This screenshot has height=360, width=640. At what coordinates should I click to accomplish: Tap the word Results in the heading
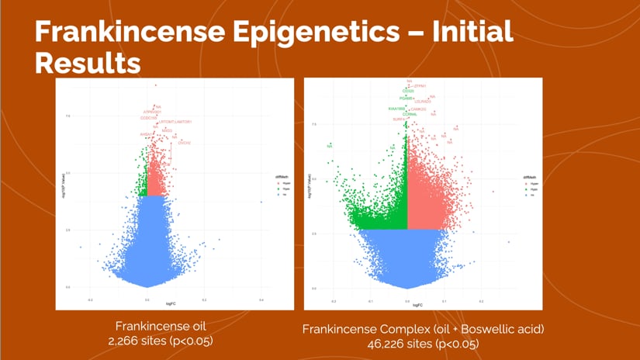[88, 62]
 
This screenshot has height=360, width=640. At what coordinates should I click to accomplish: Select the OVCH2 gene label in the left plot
[184, 143]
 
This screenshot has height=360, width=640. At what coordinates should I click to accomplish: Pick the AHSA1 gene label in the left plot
[146, 134]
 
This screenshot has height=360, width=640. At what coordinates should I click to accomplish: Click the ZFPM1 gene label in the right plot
[421, 86]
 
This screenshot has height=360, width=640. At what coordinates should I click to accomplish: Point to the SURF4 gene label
[398, 119]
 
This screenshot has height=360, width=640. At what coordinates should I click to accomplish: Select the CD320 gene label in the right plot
[396, 92]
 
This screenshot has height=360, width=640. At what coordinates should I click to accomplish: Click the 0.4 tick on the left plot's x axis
[261, 299]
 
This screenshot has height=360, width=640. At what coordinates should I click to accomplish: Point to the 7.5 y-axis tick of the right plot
[313, 123]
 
